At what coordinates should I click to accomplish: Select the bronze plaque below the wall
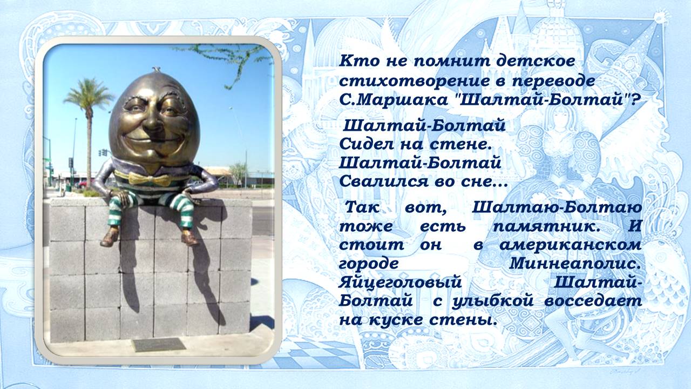point(158,344)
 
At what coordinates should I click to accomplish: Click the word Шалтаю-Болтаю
point(557,207)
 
